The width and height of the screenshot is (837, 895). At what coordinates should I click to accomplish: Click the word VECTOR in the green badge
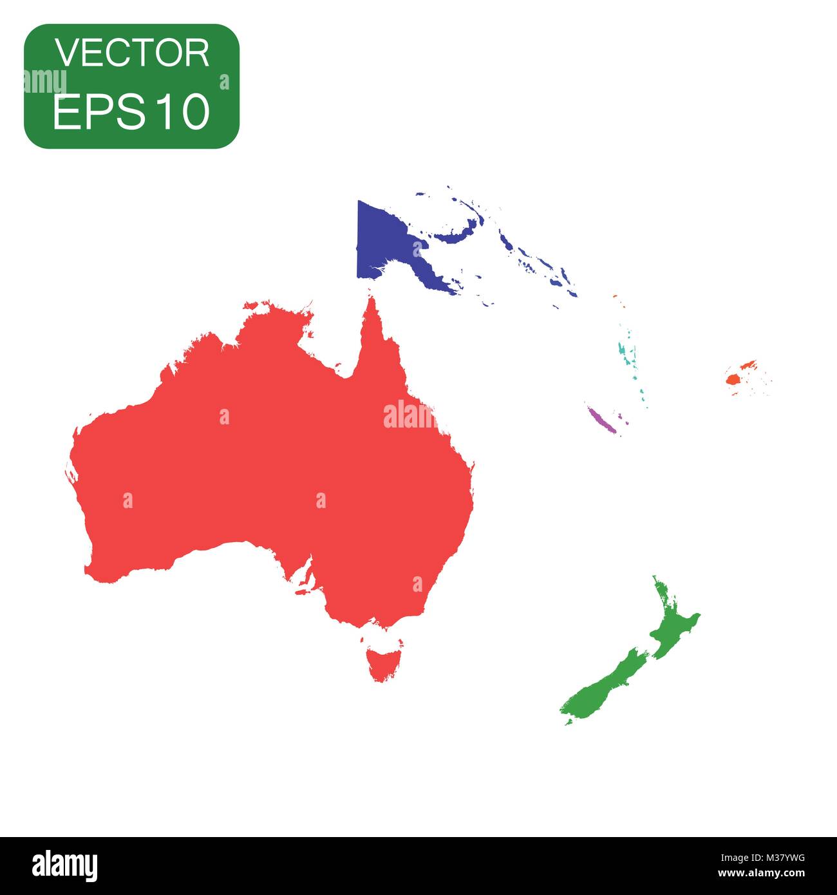coord(132,53)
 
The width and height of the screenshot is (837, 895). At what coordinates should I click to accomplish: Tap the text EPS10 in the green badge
coord(132,111)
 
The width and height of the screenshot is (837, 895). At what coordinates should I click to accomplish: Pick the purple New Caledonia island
coord(602,419)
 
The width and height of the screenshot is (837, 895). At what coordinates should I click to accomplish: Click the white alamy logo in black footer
coord(64,866)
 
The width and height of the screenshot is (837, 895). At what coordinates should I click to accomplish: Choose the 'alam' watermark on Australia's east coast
coord(409,416)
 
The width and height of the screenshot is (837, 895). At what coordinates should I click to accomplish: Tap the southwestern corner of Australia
coord(97,570)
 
